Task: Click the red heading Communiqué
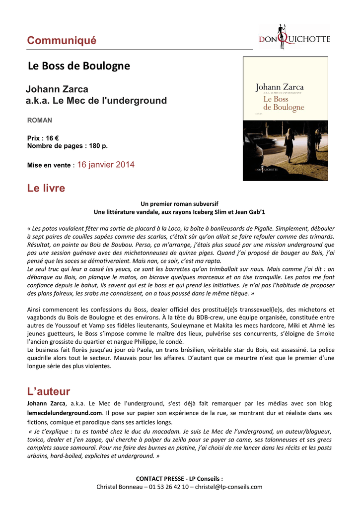click(x=62, y=41)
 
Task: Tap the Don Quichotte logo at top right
click(x=294, y=37)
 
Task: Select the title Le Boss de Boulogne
click(x=79, y=66)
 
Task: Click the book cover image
click(x=285, y=119)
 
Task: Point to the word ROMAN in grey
click(x=39, y=120)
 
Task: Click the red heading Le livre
click(x=46, y=189)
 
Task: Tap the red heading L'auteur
click(x=49, y=391)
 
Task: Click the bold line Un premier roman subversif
click(x=179, y=204)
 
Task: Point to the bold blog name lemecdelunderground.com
click(x=65, y=413)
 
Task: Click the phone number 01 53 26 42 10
click(x=170, y=487)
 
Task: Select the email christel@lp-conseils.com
click(x=228, y=487)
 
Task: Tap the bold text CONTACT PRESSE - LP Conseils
click(x=179, y=478)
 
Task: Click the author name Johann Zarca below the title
click(x=57, y=89)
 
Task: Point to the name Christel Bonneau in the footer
click(x=119, y=487)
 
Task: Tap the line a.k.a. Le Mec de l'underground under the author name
click(x=96, y=101)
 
